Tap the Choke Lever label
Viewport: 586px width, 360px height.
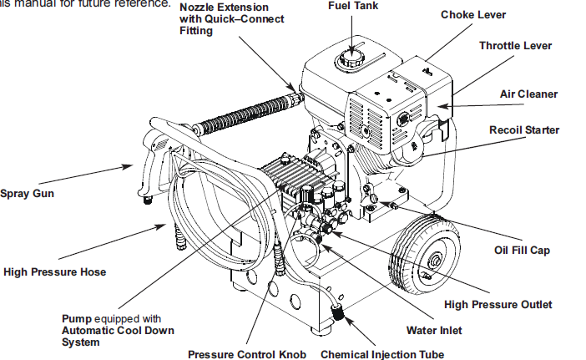[473, 14]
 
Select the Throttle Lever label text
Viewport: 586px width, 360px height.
[515, 45]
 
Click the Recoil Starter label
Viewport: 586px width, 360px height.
[524, 129]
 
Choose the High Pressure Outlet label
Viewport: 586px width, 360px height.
[498, 304]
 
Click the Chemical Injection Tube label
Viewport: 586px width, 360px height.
[382, 354]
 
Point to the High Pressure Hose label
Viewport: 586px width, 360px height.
[55, 271]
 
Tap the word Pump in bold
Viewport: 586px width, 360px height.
[78, 318]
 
